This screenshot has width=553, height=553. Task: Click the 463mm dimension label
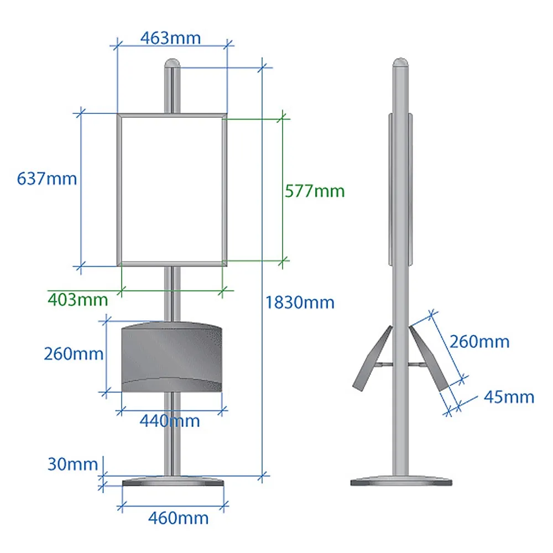coord(171,38)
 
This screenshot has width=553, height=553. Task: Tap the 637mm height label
coord(47,179)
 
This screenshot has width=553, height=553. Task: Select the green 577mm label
coord(315,191)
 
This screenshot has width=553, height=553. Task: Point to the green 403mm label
coord(78,300)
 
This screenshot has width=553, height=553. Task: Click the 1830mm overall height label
coord(300,302)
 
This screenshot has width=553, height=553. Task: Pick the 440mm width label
coord(170,421)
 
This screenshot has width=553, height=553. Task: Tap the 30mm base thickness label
coord(72,464)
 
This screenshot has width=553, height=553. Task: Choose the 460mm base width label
coord(179,518)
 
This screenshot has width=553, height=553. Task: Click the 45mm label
coord(509,397)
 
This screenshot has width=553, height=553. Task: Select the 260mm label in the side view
coord(479,342)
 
